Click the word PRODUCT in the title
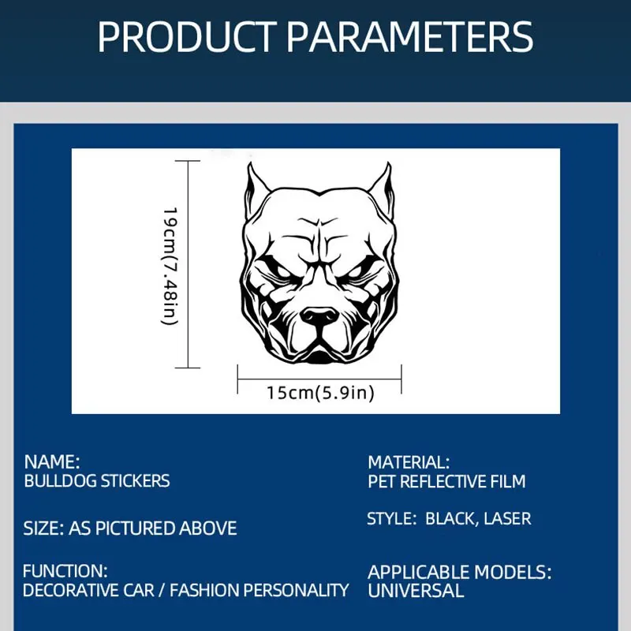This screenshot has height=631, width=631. click(187, 36)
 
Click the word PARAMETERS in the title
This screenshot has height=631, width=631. click(410, 36)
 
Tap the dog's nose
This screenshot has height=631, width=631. click(320, 316)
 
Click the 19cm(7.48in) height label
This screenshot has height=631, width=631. click(170, 266)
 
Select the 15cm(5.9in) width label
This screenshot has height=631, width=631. click(321, 393)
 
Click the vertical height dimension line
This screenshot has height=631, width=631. click(188, 264)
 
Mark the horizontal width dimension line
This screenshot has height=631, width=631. click(319, 379)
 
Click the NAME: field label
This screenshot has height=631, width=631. click(52, 462)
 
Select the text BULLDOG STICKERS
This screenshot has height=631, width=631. click(97, 481)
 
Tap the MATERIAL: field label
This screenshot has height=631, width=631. click(409, 462)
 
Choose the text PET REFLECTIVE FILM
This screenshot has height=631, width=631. click(446, 482)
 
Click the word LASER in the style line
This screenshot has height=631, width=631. click(507, 519)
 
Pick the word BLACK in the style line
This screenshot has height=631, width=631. click(452, 519)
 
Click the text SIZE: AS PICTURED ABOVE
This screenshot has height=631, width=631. click(130, 528)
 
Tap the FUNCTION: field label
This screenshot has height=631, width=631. click(65, 571)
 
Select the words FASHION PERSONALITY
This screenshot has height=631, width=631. click(259, 590)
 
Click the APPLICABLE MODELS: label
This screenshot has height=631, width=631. click(460, 573)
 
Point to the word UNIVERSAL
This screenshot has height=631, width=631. click(416, 591)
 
